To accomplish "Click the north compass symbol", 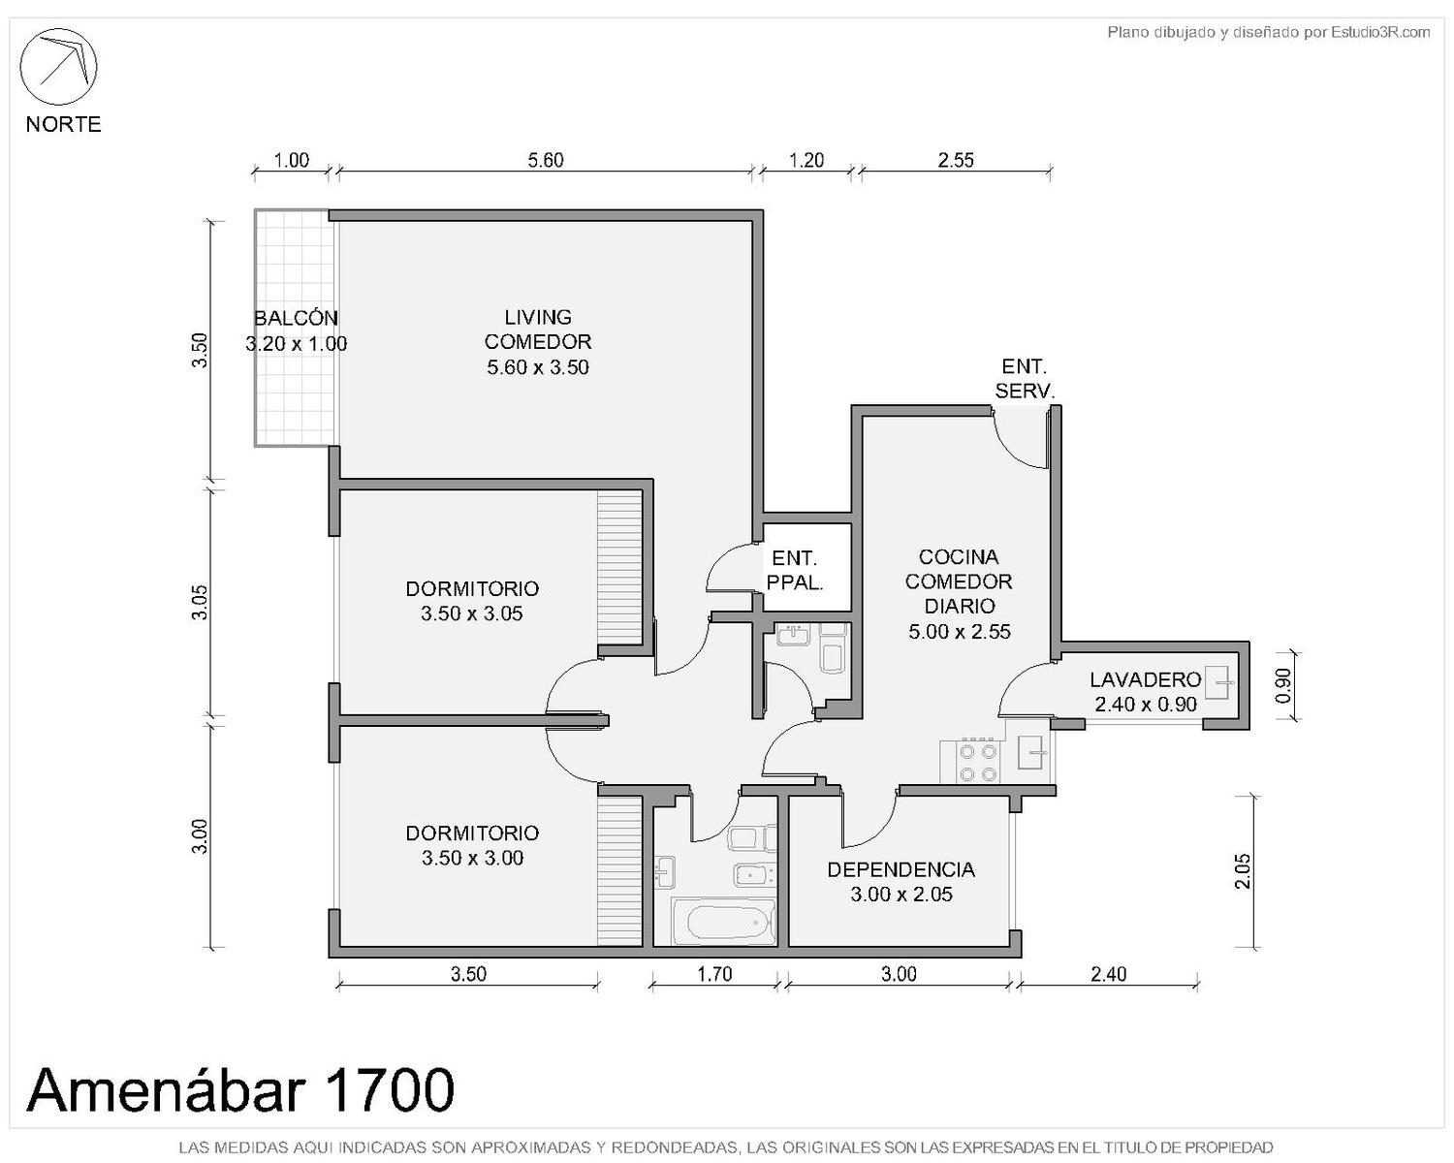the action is coord(59,66).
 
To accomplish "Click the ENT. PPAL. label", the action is coord(795,570).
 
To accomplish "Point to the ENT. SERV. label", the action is coord(1025,378).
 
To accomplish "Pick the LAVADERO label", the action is coord(1145,679).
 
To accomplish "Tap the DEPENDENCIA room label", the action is coord(901,869).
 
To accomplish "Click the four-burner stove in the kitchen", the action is coord(978,761).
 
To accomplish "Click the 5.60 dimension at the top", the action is coord(545,160).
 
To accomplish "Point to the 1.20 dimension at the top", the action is coord(806,160).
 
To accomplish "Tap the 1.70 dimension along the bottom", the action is coord(714,974).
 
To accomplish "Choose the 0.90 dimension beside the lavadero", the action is coord(1283,686).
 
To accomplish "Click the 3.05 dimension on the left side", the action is coord(200,602).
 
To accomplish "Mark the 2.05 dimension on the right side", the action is coord(1243,871).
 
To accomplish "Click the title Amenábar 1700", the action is coord(240,1090).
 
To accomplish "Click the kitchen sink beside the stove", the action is coord(1033,752).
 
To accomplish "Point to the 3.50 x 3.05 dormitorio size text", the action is coord(472,613).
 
